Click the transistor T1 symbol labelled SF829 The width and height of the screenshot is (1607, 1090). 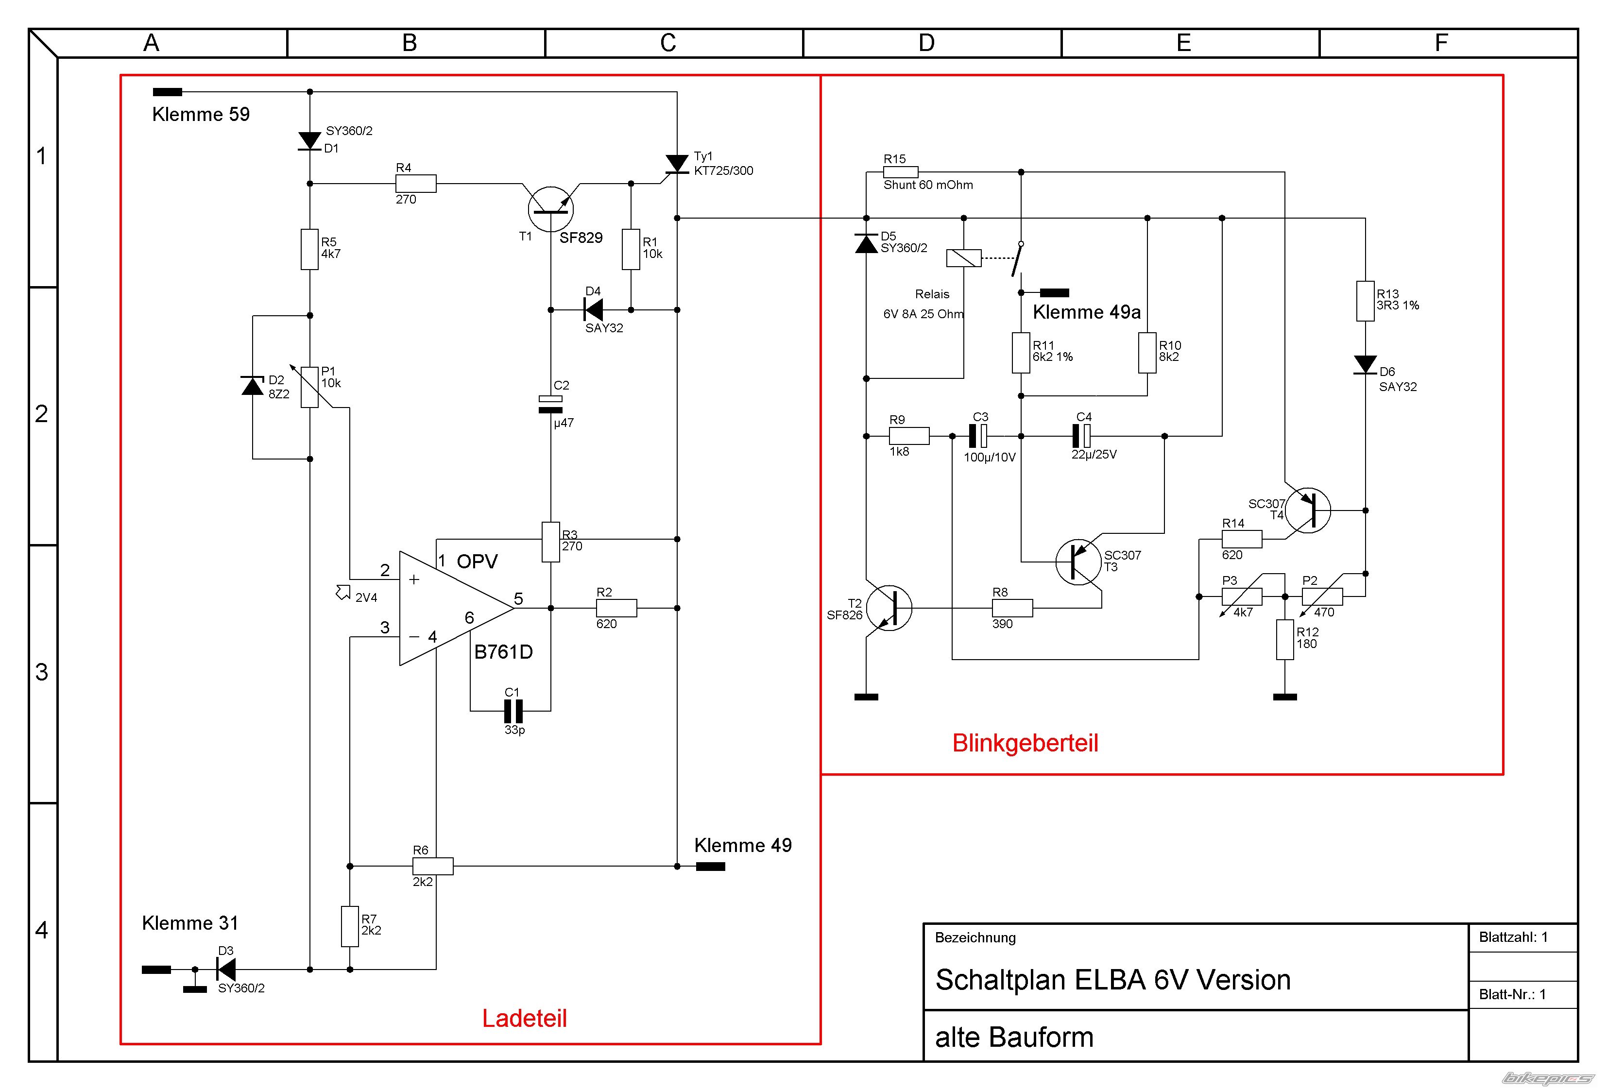point(550,209)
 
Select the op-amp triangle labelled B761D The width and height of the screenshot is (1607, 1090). point(456,608)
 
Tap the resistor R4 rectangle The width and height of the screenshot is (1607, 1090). point(415,183)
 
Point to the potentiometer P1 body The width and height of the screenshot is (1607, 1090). point(310,387)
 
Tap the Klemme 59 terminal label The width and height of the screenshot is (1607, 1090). point(201,114)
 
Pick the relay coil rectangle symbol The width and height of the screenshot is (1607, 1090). point(963,258)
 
